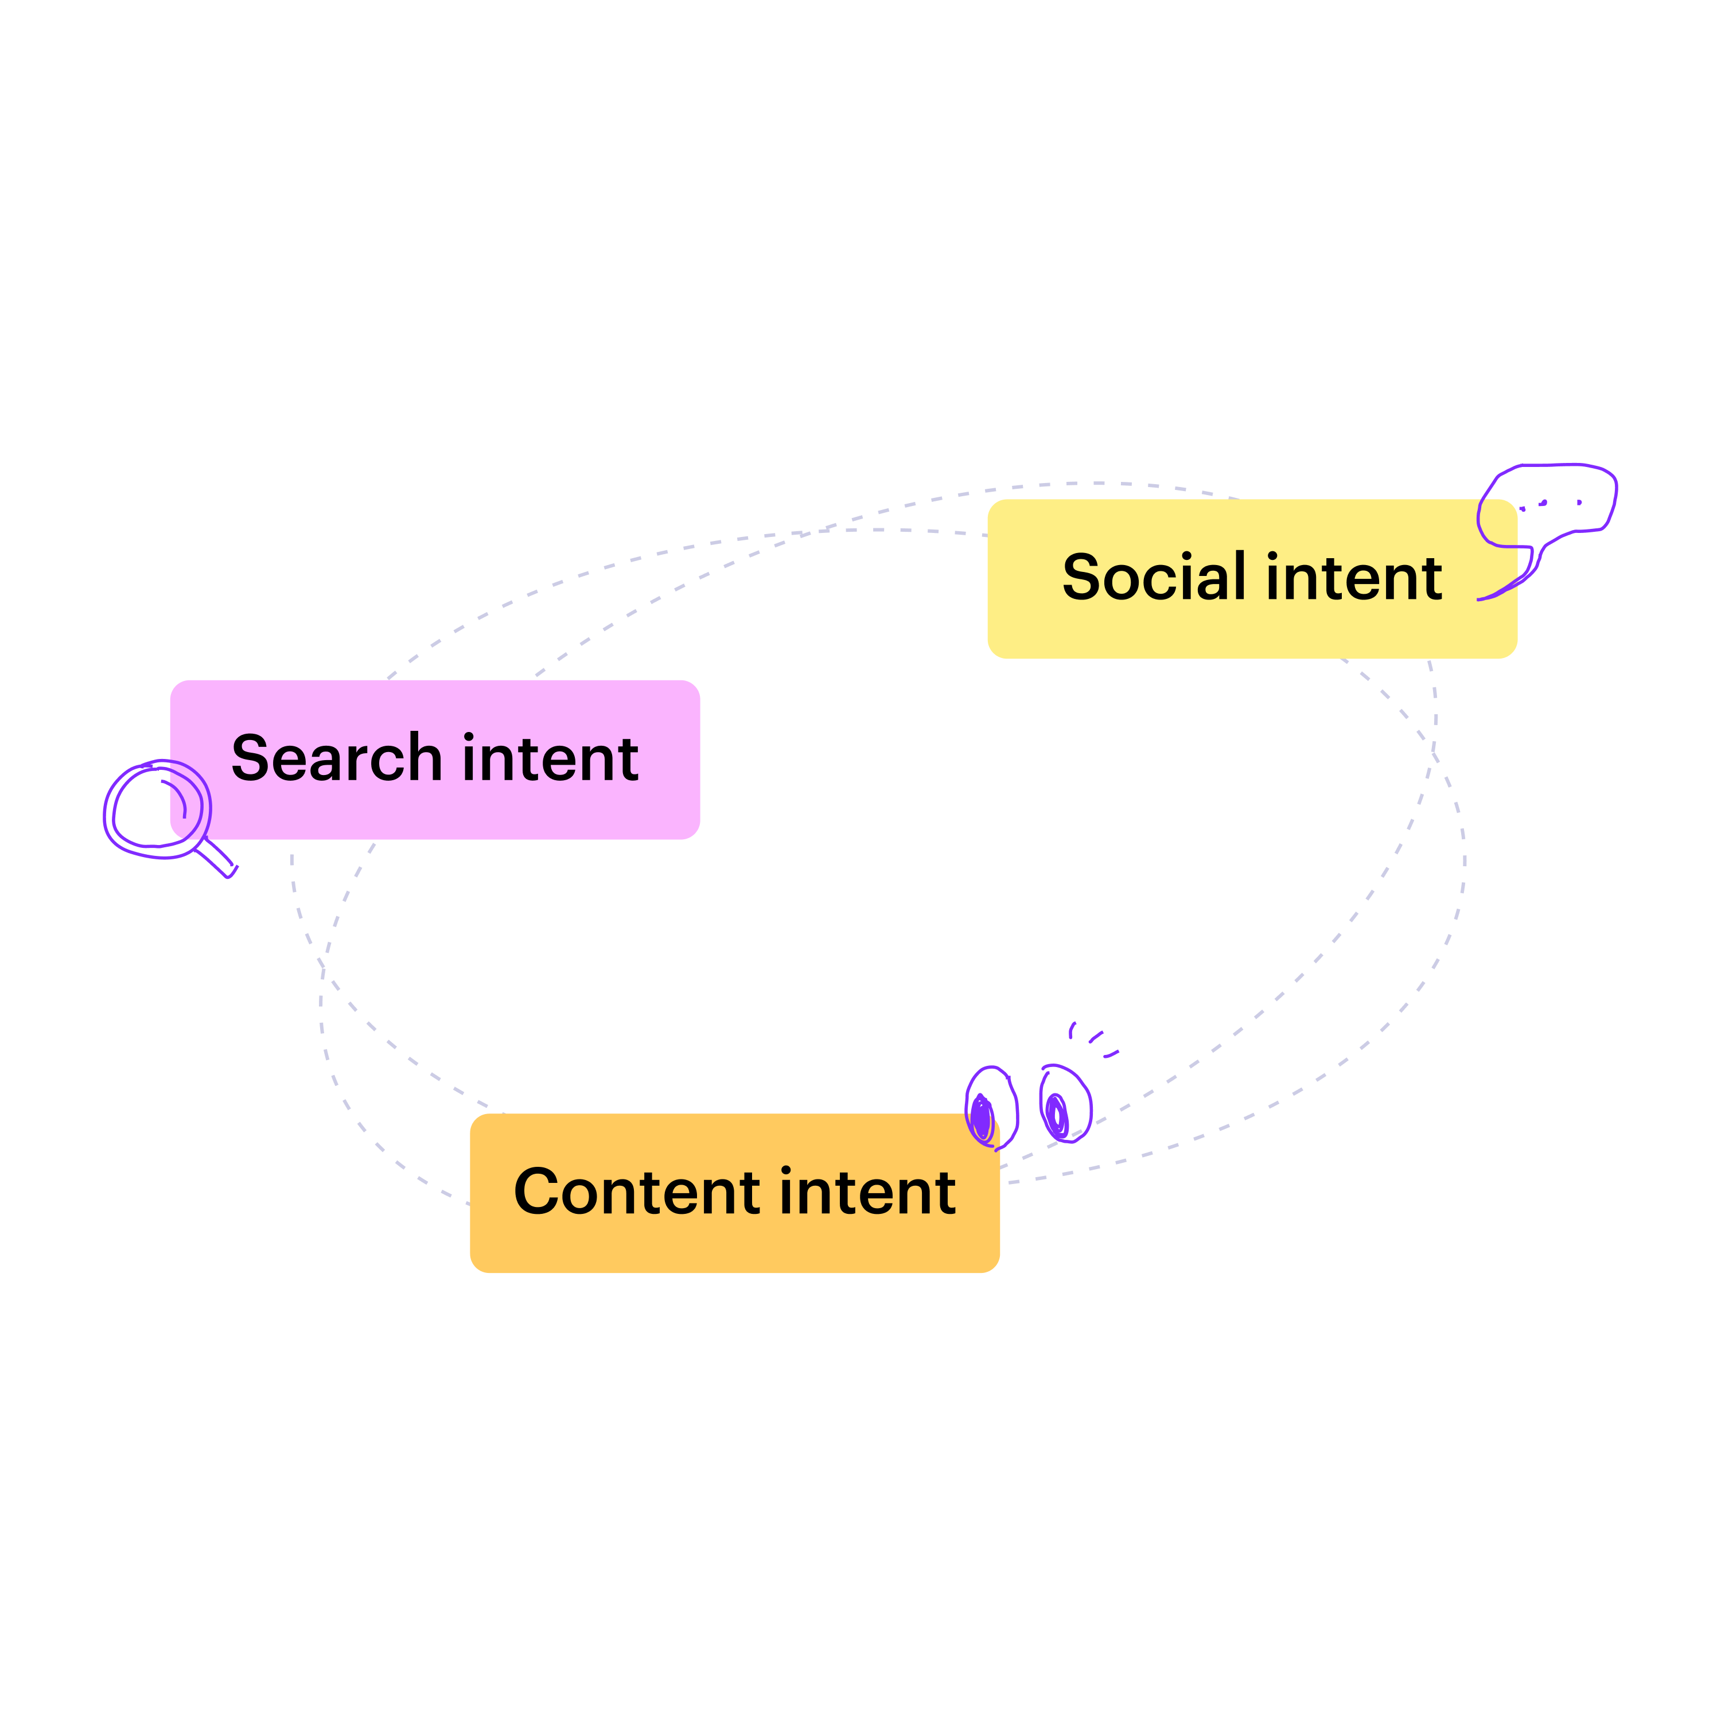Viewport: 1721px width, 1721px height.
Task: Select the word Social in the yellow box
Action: pyautogui.click(x=1154, y=577)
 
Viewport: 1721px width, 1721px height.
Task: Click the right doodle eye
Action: pyautogui.click(x=1065, y=1104)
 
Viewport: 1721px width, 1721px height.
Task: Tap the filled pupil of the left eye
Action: pyautogui.click(x=982, y=1119)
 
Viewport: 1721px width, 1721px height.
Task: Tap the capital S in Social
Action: pyautogui.click(x=1083, y=577)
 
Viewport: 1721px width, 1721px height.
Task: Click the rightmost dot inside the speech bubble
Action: pyautogui.click(x=1579, y=503)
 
